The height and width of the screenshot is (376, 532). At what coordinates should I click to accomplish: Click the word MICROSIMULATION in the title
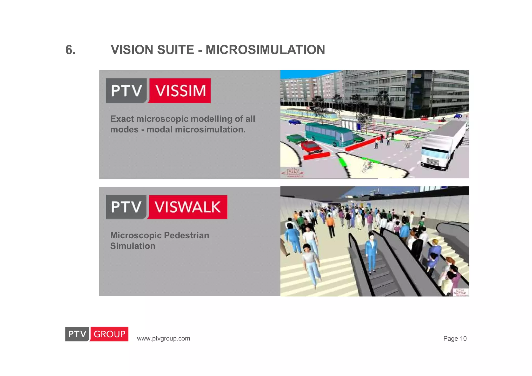(x=265, y=50)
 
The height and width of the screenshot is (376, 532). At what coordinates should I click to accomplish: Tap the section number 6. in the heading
(x=70, y=50)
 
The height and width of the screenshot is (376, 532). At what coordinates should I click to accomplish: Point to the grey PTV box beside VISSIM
(x=127, y=91)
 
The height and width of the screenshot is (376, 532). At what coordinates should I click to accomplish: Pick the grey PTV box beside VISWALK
(x=127, y=207)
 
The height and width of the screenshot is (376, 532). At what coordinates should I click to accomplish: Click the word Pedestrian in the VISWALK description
(x=187, y=235)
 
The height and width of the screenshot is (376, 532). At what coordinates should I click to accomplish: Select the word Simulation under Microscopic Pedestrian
(x=132, y=246)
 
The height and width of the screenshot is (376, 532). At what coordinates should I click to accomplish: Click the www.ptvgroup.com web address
(x=163, y=339)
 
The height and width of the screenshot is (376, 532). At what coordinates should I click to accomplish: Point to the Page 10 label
(x=455, y=339)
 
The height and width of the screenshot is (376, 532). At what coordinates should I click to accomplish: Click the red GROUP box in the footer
(x=109, y=334)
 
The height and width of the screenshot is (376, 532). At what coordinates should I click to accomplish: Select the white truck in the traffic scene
(x=442, y=145)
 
